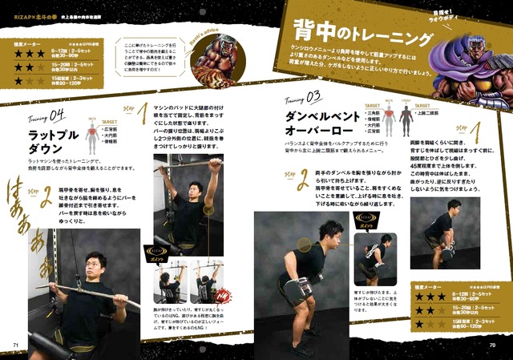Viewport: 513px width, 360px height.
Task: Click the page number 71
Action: click(15, 346)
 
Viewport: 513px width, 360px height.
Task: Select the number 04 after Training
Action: click(58, 114)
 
